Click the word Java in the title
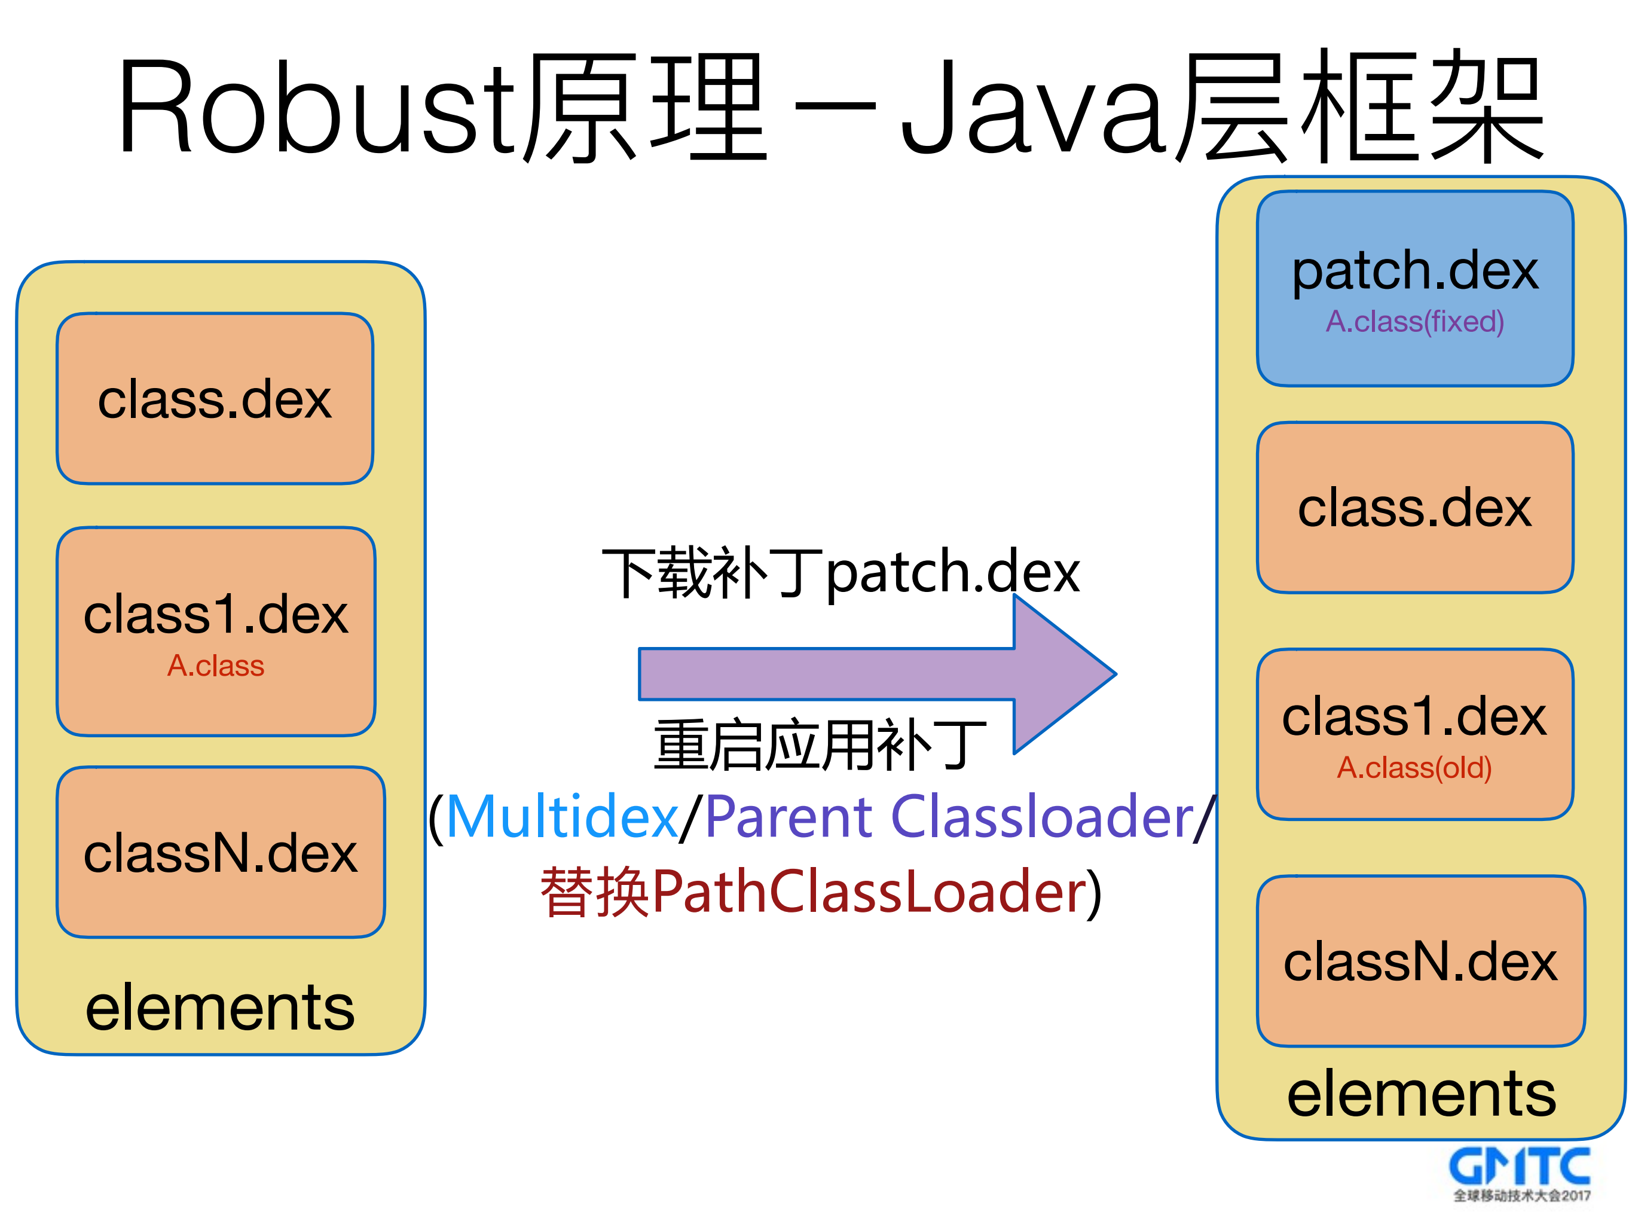pos(1033,107)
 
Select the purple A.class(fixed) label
pos(1414,322)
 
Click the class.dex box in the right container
pos(1414,508)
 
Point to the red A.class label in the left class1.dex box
pos(215,666)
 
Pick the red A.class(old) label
pos(1414,767)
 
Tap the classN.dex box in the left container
pos(220,853)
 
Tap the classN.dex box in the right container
pos(1420,962)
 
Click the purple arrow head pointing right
pos(1062,674)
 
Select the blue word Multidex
pos(562,817)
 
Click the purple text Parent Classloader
pos(949,817)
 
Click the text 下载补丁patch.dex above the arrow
pos(841,572)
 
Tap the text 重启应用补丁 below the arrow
pos(819,745)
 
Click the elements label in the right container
pos(1421,1094)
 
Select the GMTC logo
pos(1520,1173)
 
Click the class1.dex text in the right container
pos(1413,717)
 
